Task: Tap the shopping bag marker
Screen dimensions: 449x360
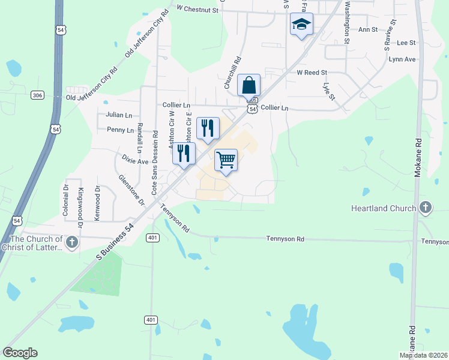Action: [x=249, y=85]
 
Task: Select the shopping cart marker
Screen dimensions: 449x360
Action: [x=226, y=160]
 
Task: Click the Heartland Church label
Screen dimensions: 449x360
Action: [x=384, y=208]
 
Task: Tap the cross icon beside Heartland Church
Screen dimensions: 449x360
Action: [x=425, y=208]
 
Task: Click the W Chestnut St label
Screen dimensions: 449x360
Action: [x=197, y=8]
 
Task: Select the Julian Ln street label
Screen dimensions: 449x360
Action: [x=118, y=115]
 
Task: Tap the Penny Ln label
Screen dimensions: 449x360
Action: [x=120, y=130]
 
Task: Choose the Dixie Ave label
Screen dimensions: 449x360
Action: [x=134, y=161]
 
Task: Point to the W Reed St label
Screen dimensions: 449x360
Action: [x=312, y=72]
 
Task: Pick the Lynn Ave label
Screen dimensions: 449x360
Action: [x=402, y=59]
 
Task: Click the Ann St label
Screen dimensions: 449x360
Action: [x=367, y=29]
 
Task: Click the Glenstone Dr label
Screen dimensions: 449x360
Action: [x=131, y=190]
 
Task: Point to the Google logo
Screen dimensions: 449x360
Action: [x=20, y=353]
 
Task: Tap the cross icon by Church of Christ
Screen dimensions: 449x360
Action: [x=71, y=242]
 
